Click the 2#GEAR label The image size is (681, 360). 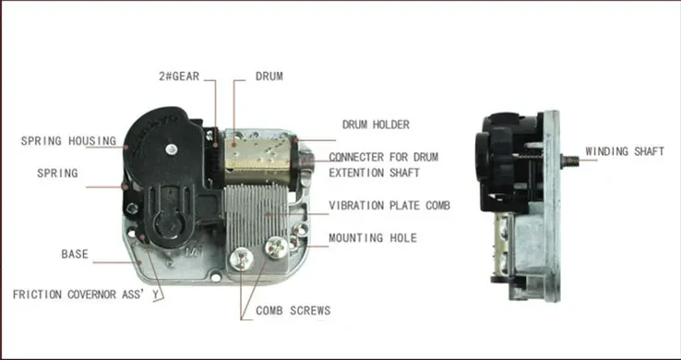point(179,77)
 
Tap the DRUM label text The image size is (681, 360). point(269,77)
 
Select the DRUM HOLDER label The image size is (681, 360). point(376,125)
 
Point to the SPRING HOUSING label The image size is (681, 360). point(68,140)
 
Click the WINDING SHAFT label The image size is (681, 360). point(625,151)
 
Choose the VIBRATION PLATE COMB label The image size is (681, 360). point(389,206)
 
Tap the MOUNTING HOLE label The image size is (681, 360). point(373,238)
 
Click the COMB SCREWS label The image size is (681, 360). point(293,310)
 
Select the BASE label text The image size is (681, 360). point(75,254)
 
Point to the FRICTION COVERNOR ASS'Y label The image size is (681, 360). point(86,294)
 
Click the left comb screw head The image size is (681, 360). point(242,259)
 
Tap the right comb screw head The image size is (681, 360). point(277,247)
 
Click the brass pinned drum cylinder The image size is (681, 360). point(257,158)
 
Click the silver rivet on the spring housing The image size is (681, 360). point(172,150)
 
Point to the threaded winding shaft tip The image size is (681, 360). point(570,162)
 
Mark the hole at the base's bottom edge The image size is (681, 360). point(215,275)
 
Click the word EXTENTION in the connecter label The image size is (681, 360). point(356,173)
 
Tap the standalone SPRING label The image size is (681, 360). point(57,174)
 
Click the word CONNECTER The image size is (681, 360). point(356,157)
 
